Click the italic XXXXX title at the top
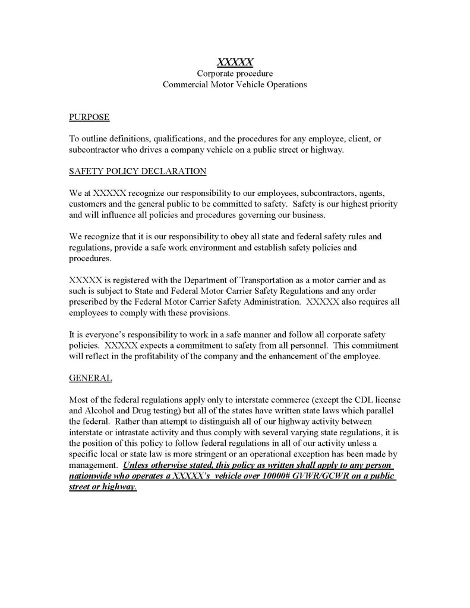[235, 61]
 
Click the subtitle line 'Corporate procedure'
[235, 73]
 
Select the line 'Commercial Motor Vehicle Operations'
[235, 84]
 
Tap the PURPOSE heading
[89, 117]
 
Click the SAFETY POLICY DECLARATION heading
[138, 172]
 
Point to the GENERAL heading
[90, 378]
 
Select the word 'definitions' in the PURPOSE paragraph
[128, 139]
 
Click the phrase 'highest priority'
[368, 204]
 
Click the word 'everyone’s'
[100, 334]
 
